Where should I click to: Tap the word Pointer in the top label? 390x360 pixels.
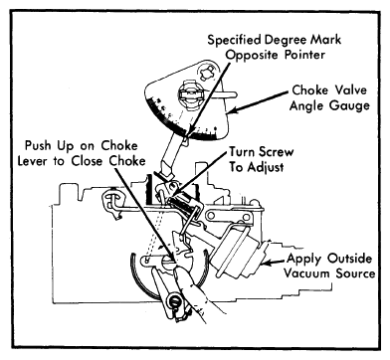point(304,55)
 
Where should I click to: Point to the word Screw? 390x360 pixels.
point(277,152)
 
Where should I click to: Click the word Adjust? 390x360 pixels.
point(265,167)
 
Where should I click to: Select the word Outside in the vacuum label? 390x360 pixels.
point(349,259)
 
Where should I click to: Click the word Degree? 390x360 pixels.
point(286,40)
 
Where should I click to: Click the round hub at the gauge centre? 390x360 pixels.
point(190,94)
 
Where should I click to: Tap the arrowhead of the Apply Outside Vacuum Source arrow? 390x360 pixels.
point(266,264)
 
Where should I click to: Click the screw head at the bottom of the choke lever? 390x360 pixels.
point(174,301)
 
